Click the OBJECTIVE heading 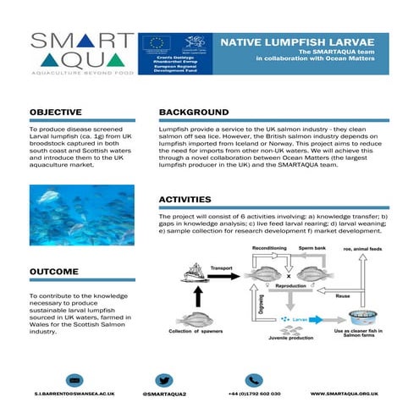pos(56,112)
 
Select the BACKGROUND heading pos(194,112)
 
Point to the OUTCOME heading pos(54,272)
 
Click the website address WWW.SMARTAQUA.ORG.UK pos(343,394)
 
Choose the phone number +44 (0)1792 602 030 pos(255,394)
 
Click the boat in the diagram pos(197,271)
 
